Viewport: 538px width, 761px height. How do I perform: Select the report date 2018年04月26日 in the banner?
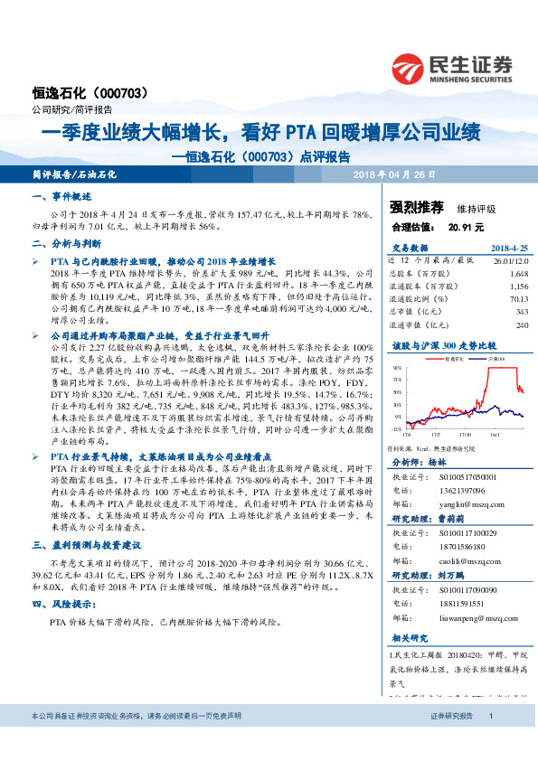coord(393,173)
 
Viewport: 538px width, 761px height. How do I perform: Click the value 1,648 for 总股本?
coord(519,272)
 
